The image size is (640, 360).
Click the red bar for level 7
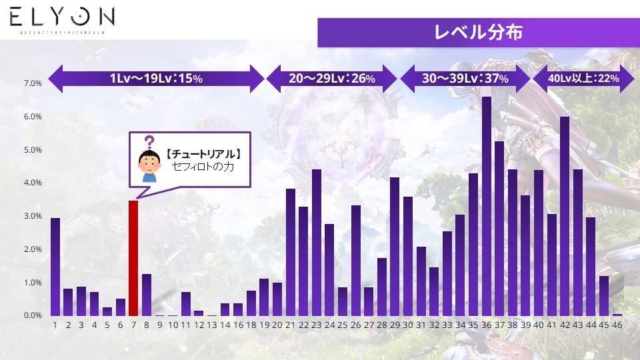(x=133, y=258)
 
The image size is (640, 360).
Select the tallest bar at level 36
(x=487, y=206)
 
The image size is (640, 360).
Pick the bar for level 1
(x=55, y=267)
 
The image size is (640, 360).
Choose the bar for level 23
(x=317, y=243)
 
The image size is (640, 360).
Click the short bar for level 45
(x=604, y=295)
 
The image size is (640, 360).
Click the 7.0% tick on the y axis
(x=33, y=84)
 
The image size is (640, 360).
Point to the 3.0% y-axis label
(x=33, y=216)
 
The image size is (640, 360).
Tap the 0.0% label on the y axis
(x=33, y=315)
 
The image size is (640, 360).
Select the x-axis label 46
(x=617, y=325)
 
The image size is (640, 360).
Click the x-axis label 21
(x=291, y=325)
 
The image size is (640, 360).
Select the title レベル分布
(x=478, y=32)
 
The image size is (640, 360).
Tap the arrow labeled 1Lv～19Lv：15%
(x=157, y=79)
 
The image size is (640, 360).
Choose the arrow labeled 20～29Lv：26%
(x=332, y=79)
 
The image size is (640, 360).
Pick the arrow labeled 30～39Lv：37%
(x=465, y=79)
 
